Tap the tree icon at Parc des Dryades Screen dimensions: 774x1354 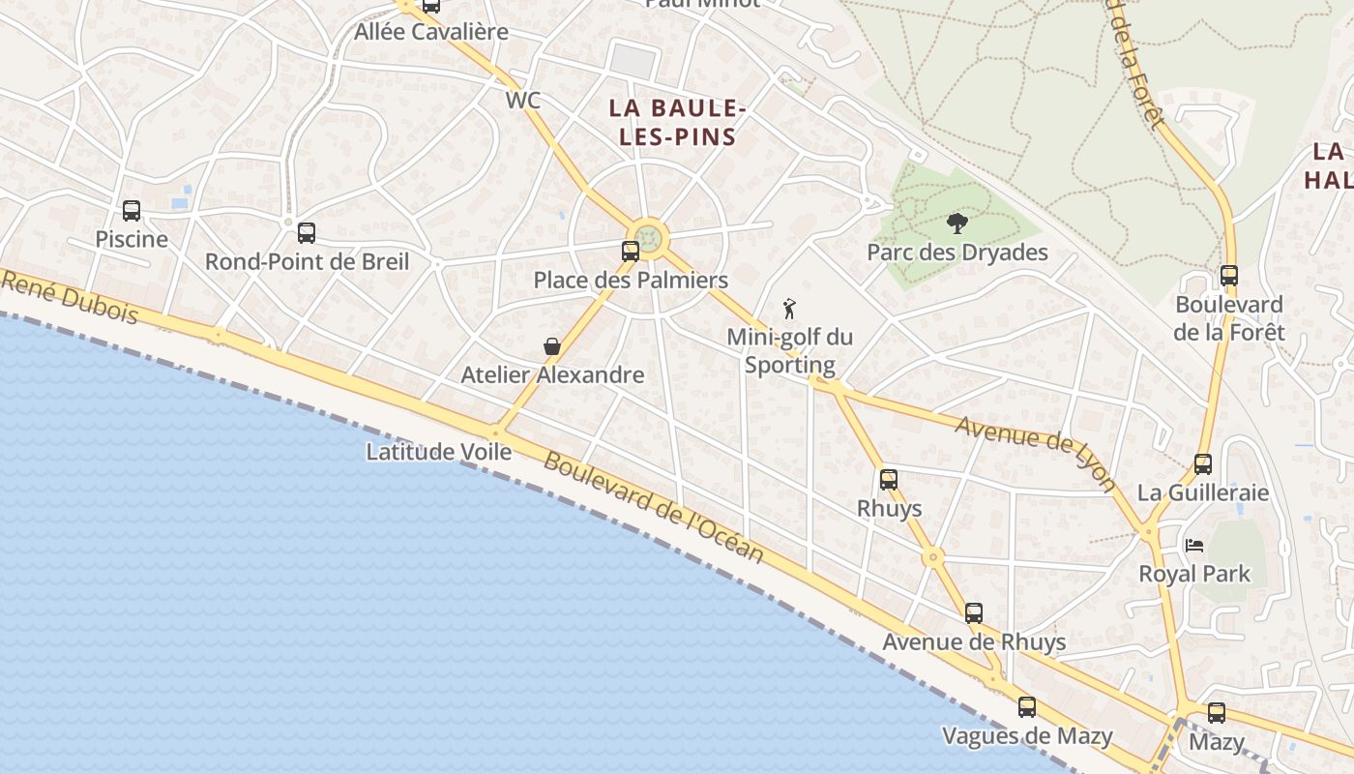(x=957, y=224)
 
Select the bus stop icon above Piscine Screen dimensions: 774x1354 (x=132, y=211)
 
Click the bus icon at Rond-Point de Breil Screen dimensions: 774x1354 (x=307, y=233)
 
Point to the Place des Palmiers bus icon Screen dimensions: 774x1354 (x=631, y=252)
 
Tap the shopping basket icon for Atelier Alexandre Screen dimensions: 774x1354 (x=551, y=346)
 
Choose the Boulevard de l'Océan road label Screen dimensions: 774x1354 (x=653, y=508)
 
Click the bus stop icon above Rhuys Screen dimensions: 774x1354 (x=889, y=480)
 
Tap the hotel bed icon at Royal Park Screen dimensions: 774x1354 (x=1194, y=546)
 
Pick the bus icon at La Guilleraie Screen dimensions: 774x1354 (x=1203, y=464)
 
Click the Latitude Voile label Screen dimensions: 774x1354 (x=438, y=452)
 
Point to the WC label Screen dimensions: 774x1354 (x=522, y=101)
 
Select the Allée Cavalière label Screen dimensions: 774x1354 (x=431, y=32)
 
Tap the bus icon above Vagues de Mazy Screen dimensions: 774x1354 (x=1027, y=707)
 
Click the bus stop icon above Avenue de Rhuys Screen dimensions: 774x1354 (x=974, y=613)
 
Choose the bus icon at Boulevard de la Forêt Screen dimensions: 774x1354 (x=1229, y=276)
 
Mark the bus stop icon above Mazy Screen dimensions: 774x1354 (x=1217, y=713)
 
